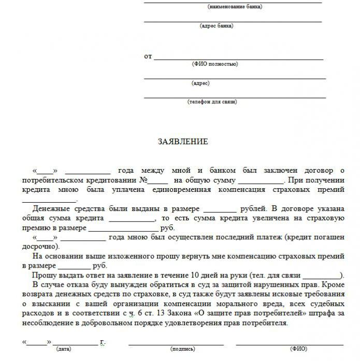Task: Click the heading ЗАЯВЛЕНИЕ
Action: click(x=182, y=142)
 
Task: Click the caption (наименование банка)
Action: click(x=235, y=7)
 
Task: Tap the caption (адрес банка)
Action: click(x=216, y=25)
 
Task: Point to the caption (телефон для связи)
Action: click(x=212, y=102)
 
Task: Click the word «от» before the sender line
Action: click(x=148, y=57)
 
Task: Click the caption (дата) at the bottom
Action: click(x=64, y=349)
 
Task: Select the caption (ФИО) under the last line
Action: click(x=299, y=349)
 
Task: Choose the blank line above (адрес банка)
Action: click(x=233, y=21)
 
